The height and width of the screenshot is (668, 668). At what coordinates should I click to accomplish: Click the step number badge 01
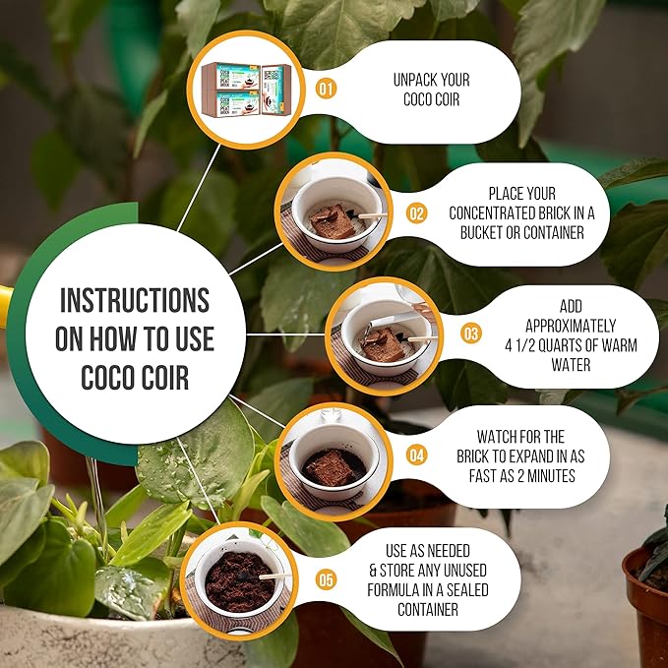coord(326,89)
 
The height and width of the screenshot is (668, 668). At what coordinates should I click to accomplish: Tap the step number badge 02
coord(416,213)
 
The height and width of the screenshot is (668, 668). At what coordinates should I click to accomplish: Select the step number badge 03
coord(471,334)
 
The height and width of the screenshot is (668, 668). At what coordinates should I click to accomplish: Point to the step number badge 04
coord(416,455)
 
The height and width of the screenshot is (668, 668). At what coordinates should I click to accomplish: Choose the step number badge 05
coord(326,579)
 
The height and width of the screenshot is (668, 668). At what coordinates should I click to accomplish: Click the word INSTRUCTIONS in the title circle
coord(134,299)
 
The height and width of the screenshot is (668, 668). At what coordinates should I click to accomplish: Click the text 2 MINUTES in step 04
coord(548,474)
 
